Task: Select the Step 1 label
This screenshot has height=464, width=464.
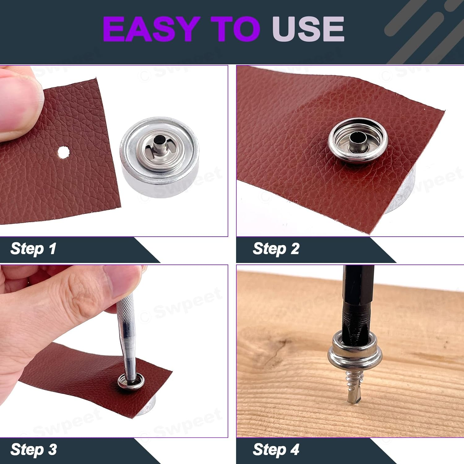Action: pos(33,249)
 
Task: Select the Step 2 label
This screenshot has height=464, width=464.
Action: pos(276,249)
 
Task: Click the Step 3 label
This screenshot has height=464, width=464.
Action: pos(33,449)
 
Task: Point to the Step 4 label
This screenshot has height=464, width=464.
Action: pos(276,449)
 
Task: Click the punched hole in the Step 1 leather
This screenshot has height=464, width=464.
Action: pos(63,152)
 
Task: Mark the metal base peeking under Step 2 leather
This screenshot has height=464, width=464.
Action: pos(399,195)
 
